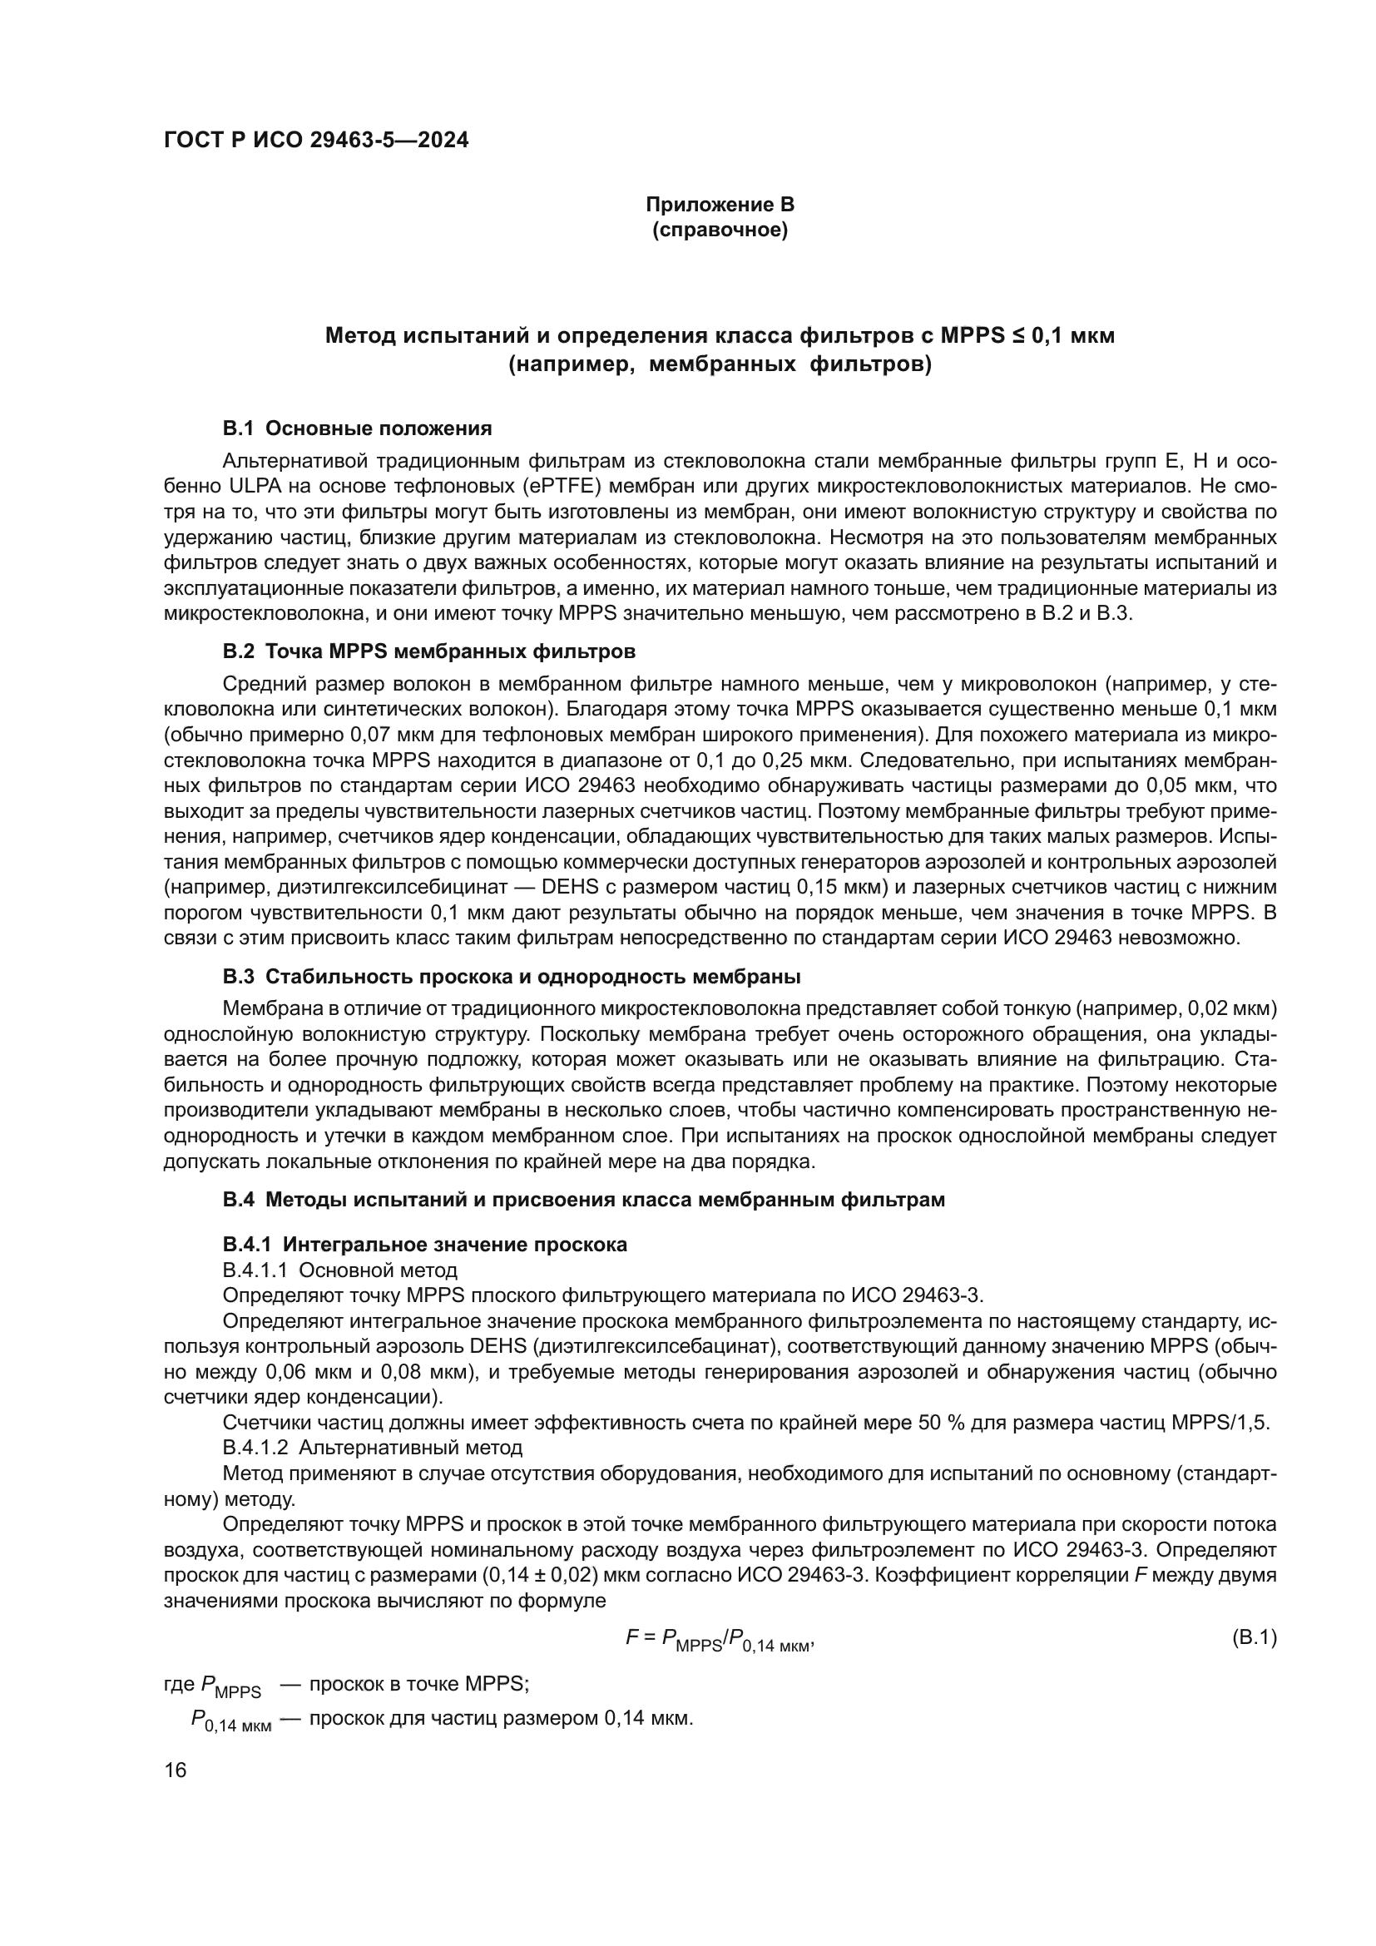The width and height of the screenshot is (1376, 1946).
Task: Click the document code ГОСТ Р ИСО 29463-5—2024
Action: point(316,141)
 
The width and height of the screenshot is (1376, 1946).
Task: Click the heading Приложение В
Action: point(720,205)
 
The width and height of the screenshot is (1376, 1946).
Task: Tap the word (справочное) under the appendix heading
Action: point(720,230)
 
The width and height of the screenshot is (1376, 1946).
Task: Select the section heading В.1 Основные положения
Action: point(357,428)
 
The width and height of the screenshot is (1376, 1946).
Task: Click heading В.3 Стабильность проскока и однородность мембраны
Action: point(512,977)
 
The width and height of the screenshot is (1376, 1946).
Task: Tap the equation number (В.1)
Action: point(1253,1637)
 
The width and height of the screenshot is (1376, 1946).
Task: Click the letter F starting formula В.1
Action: point(631,1637)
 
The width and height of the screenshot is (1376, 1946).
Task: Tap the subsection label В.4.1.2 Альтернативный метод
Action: point(372,1447)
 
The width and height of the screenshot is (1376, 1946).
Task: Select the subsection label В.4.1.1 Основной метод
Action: point(339,1270)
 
